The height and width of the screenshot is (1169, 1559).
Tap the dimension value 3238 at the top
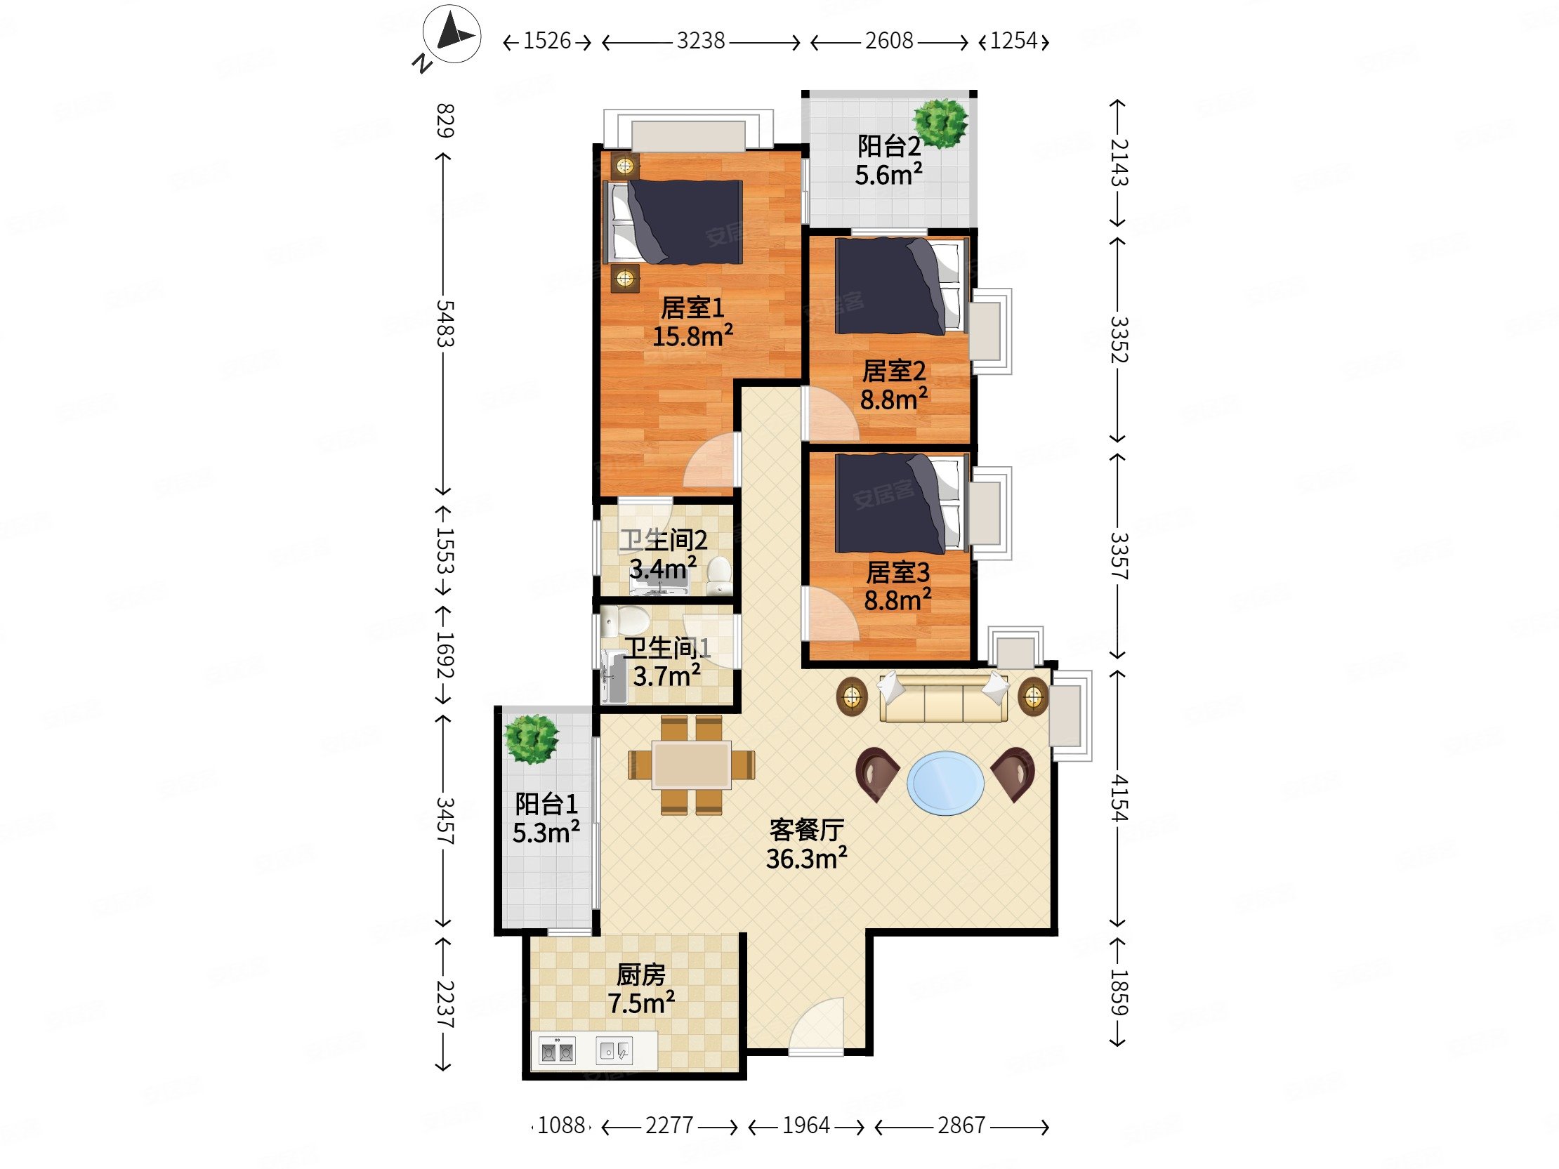[701, 41]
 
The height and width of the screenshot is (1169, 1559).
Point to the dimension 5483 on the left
[445, 324]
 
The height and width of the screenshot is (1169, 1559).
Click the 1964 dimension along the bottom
[805, 1125]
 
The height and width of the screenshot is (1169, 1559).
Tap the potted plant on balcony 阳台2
[940, 124]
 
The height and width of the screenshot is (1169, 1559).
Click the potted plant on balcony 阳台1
[532, 739]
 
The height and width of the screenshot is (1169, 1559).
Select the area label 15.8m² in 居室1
[692, 336]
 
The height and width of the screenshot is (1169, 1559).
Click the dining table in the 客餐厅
[692, 765]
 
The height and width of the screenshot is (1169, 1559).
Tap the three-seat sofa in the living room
[944, 698]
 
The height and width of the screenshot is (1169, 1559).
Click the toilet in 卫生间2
[720, 574]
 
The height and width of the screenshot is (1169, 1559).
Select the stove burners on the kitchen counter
[557, 1052]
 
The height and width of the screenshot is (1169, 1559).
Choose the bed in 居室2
[900, 286]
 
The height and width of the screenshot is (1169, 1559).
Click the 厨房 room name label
[640, 975]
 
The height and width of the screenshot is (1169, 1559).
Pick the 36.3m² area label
[806, 859]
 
